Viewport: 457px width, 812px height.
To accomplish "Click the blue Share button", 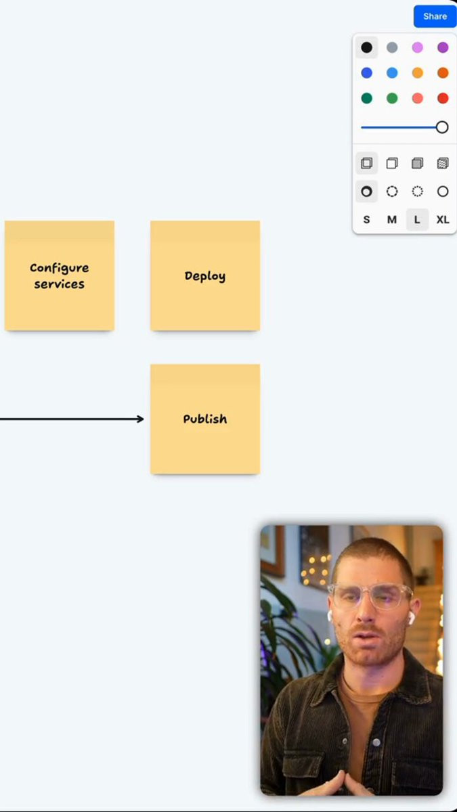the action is (x=435, y=16).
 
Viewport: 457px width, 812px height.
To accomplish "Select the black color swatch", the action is (x=366, y=47).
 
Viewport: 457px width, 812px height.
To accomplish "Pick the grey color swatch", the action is (x=392, y=47).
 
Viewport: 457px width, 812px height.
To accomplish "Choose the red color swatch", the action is (x=443, y=98).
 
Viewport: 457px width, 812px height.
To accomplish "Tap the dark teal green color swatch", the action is (x=366, y=98).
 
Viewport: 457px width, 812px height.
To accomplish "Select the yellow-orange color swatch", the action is (x=418, y=73).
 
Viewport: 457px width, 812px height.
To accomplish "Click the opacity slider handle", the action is (x=442, y=127).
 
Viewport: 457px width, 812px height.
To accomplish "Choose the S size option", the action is (x=366, y=220).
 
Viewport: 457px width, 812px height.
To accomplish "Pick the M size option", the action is (x=392, y=220).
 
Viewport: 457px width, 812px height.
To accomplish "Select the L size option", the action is (x=417, y=220).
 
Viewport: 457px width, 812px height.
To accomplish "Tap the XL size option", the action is (x=443, y=220).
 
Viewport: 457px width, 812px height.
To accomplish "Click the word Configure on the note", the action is (x=60, y=268).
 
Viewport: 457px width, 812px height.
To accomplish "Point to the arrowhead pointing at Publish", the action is (x=140, y=419).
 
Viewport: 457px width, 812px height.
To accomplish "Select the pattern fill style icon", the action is (x=443, y=163).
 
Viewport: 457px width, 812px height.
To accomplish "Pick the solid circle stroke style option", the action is (x=443, y=191).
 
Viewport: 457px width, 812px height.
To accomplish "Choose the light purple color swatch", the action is (x=418, y=47).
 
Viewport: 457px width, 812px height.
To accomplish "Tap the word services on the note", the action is (x=60, y=284).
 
